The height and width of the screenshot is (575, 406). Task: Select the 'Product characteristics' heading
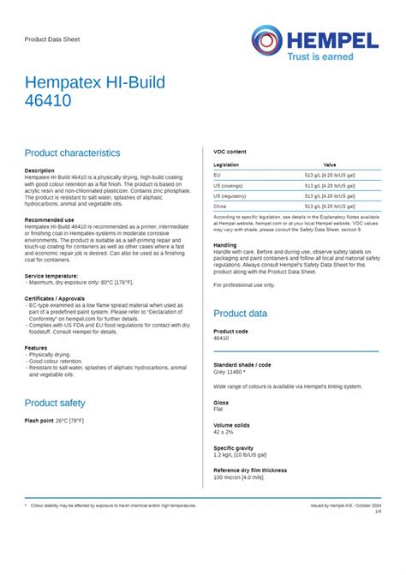pyautogui.click(x=73, y=153)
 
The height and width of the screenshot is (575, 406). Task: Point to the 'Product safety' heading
pyautogui.click(x=55, y=403)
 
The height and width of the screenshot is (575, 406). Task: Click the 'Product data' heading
pyautogui.click(x=241, y=314)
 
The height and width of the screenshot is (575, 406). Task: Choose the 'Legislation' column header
pyautogui.click(x=226, y=165)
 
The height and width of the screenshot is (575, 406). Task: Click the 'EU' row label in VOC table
pyautogui.click(x=217, y=175)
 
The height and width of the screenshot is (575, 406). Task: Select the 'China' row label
pyautogui.click(x=220, y=207)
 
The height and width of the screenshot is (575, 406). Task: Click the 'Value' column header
pyautogui.click(x=330, y=165)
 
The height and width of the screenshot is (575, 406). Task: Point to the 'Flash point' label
pyautogui.click(x=39, y=421)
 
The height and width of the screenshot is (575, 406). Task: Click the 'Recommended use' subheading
pyautogui.click(x=50, y=220)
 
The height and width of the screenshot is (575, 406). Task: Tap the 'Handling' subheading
pyautogui.click(x=225, y=245)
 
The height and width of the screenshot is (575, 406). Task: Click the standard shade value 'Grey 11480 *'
pyautogui.click(x=230, y=373)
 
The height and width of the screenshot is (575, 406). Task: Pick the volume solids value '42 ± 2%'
pyautogui.click(x=224, y=431)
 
